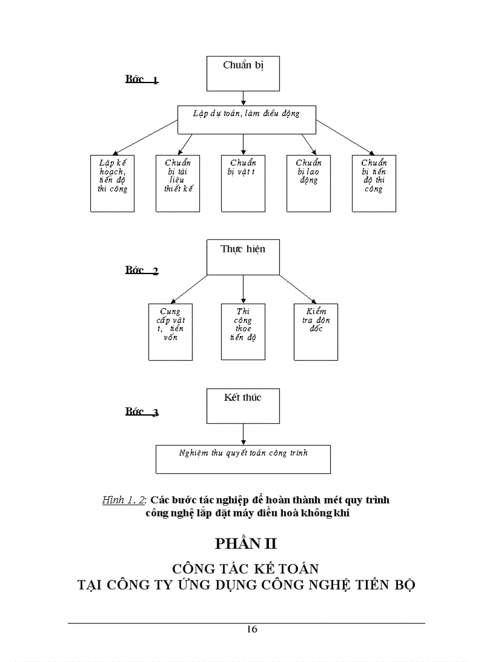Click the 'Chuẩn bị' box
click(x=243, y=74)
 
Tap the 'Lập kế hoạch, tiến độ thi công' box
click(x=112, y=183)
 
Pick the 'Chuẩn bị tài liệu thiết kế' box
click(x=177, y=183)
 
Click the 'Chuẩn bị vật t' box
click(x=243, y=183)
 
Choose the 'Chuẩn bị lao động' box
click(x=308, y=183)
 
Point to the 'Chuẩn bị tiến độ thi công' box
click(x=374, y=183)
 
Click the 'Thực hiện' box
click(x=243, y=257)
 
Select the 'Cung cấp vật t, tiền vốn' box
click(x=170, y=331)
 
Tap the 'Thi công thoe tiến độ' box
click(x=243, y=331)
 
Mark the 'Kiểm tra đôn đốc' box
click(x=316, y=331)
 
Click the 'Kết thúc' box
click(x=243, y=406)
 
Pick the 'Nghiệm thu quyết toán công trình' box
click(x=243, y=459)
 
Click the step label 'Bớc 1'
click(x=141, y=80)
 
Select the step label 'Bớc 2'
click(x=141, y=271)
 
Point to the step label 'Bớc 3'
click(x=141, y=412)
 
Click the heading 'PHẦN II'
click(x=246, y=544)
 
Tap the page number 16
click(x=252, y=629)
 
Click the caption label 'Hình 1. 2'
click(x=124, y=500)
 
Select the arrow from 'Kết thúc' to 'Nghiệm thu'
click(x=243, y=434)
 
